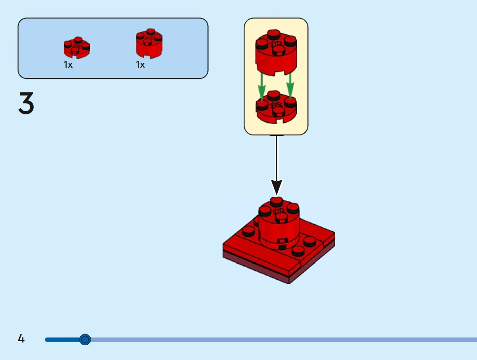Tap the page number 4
click(x=21, y=338)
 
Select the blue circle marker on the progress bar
click(x=85, y=339)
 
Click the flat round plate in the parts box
click(x=76, y=48)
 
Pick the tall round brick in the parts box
click(x=149, y=44)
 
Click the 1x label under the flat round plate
click(x=68, y=65)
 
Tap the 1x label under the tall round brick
click(x=140, y=65)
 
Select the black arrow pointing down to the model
click(x=276, y=166)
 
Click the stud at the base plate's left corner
click(x=247, y=231)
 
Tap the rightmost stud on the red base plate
click(x=309, y=241)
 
